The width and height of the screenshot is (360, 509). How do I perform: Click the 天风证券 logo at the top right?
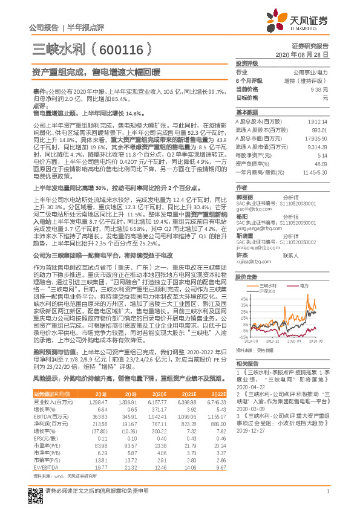pos(305,22)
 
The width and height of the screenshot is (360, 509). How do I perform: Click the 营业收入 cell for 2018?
pos(99,400)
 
